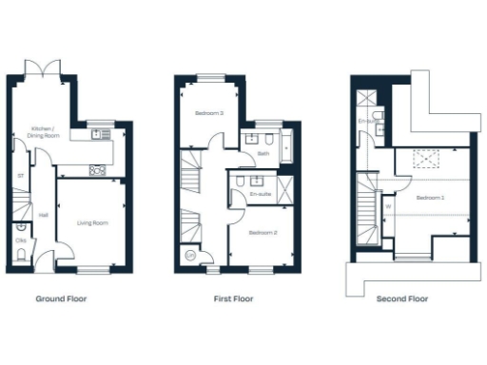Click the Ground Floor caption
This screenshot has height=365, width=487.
61,298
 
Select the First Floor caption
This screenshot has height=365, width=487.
234,298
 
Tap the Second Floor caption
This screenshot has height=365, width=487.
401,298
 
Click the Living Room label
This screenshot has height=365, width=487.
92,223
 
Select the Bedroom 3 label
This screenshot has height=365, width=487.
209,113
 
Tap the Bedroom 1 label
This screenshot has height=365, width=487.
431,197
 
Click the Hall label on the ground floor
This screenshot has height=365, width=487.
44,215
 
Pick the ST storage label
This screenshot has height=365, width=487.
20,175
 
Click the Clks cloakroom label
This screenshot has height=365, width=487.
20,241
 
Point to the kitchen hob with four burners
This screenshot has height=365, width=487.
97,170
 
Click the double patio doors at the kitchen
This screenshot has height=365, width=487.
48,69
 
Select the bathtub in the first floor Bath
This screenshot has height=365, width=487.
287,147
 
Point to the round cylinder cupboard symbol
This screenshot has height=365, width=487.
190,254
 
